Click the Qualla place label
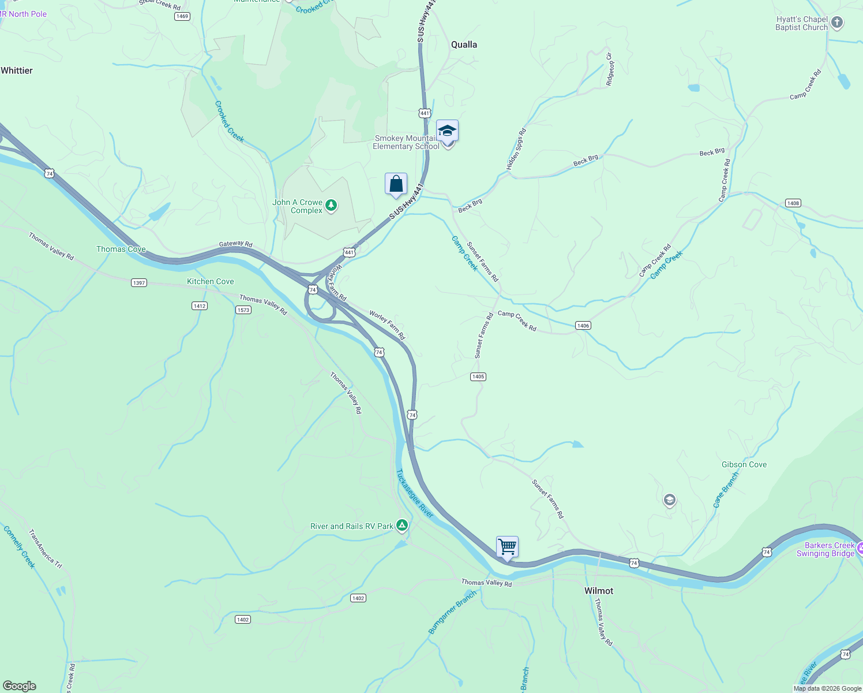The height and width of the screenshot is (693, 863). coord(464,44)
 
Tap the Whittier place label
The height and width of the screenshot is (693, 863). coord(17,70)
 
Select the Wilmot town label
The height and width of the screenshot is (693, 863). coord(599,591)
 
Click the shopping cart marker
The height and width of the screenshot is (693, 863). coord(507,546)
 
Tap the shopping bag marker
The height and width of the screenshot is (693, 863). coord(396,184)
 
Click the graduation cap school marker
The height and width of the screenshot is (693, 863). coord(447,132)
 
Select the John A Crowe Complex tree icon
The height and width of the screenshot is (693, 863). coord(331,205)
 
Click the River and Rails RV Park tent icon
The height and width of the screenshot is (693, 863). coord(402,526)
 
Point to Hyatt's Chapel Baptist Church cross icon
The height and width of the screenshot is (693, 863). coord(837,23)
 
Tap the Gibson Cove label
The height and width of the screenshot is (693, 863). coord(744,464)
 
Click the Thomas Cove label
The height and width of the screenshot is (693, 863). coord(121,249)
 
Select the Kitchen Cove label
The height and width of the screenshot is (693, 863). coord(211,281)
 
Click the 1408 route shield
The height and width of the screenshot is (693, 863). coord(793,203)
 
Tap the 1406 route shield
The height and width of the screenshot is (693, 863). coord(583,326)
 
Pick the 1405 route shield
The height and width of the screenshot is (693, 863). coord(478,377)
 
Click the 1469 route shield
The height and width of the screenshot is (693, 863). coord(182,16)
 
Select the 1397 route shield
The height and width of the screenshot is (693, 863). coord(139,283)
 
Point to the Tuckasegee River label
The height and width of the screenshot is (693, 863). coord(414,493)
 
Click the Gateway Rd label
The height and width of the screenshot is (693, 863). coord(235,244)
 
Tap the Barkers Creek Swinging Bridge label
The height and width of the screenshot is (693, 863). coord(826,549)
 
